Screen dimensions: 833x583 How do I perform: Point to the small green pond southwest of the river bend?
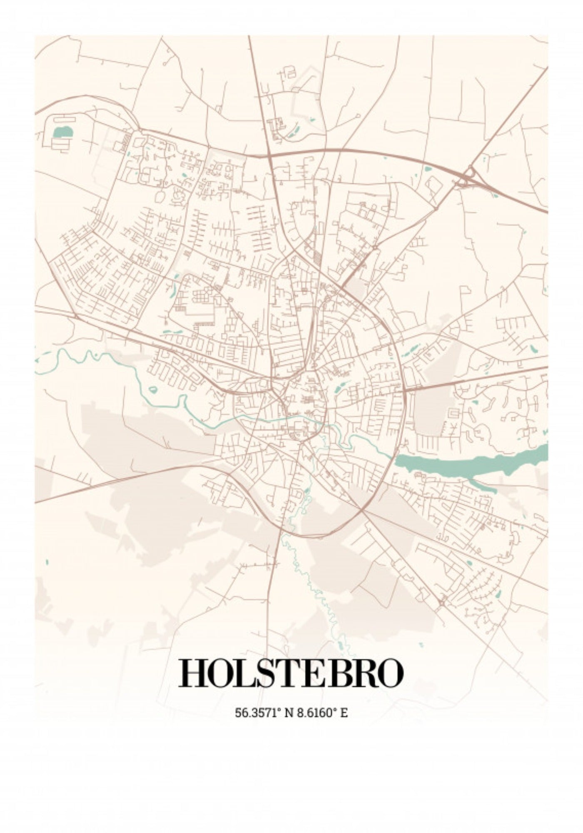(x=153, y=390)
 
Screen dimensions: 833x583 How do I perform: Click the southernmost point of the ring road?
(x=308, y=534)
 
